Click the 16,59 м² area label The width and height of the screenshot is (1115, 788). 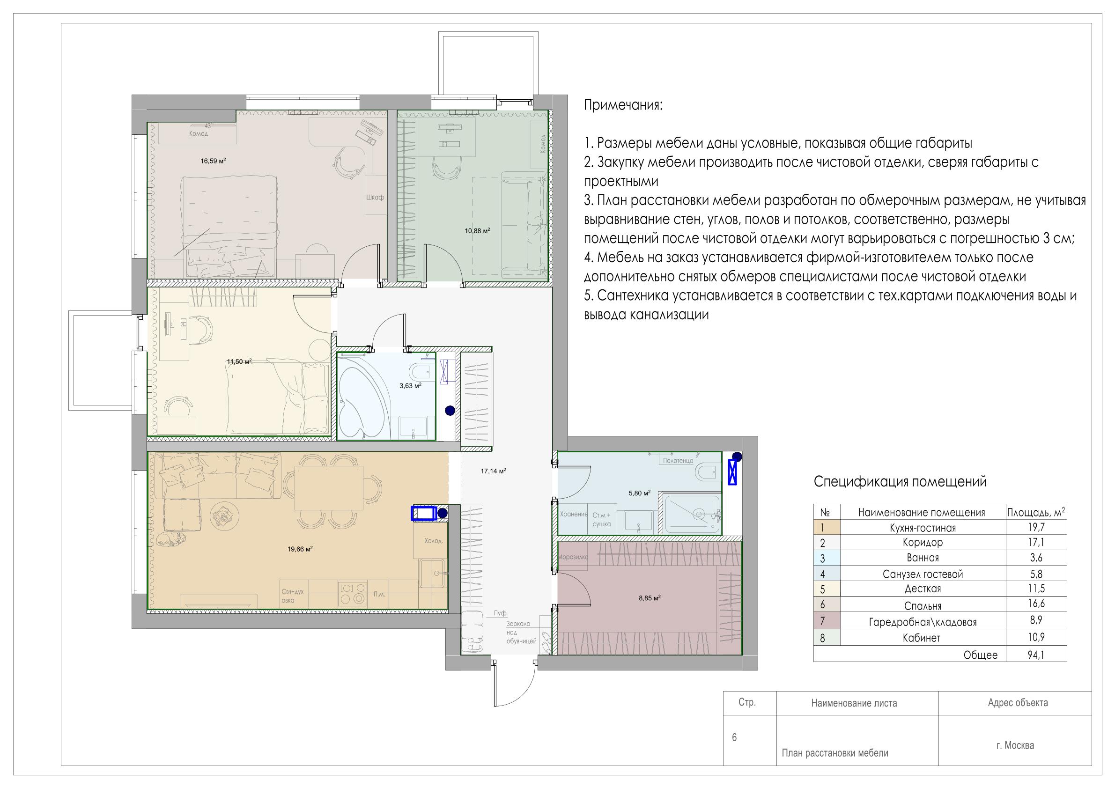click(213, 161)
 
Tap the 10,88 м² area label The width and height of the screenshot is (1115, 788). click(477, 231)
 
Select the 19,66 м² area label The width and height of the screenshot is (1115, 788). click(300, 549)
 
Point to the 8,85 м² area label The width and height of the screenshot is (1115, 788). click(649, 599)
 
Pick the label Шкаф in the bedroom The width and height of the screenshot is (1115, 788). click(375, 197)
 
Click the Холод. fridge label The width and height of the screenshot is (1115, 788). click(434, 541)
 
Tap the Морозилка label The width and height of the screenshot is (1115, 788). click(573, 557)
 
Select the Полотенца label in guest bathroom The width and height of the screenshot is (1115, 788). click(678, 461)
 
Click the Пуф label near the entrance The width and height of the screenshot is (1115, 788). click(500, 613)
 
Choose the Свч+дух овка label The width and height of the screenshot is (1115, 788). click(292, 596)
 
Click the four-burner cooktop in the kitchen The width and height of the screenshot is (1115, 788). click(353, 593)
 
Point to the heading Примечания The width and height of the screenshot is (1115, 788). click(623, 105)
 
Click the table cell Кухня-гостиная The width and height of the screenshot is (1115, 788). click(923, 528)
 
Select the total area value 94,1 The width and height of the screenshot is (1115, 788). click(1036, 655)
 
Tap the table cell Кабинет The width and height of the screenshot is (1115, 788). click(921, 638)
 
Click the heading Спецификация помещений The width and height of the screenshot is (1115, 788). click(901, 482)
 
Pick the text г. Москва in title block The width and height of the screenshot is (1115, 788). click(1015, 745)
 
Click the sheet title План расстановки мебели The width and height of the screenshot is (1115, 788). click(835, 753)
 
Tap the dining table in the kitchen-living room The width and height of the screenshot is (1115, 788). click(329, 487)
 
